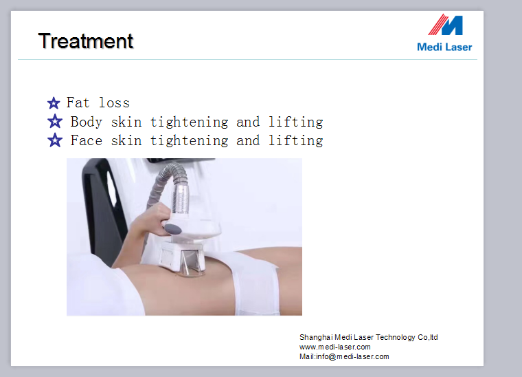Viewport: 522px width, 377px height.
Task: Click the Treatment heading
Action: [86, 41]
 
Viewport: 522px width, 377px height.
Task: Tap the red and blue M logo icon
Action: [446, 25]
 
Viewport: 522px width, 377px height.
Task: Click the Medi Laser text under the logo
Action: [444, 47]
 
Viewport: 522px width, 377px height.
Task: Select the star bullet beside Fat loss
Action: [54, 103]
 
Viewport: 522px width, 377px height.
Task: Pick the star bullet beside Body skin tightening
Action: [55, 121]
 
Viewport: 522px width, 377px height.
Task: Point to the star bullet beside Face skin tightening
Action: [55, 140]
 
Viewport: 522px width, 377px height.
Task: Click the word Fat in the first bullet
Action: [78, 103]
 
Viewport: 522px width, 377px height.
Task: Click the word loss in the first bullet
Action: [114, 103]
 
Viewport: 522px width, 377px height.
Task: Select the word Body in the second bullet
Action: [87, 122]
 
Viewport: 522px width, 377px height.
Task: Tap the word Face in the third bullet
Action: [87, 140]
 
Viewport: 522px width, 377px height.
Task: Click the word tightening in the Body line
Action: [189, 122]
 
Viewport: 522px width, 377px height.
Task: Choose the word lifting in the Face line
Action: [295, 141]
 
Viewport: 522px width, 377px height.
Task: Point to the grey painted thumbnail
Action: [173, 229]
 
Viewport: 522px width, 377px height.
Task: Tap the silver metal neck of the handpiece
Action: [180, 199]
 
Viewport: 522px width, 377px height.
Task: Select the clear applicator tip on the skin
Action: [190, 264]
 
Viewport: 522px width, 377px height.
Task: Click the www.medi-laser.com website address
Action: [335, 347]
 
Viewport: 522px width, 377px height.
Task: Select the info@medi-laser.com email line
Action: [344, 356]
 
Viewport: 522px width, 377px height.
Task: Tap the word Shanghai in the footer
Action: [315, 337]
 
